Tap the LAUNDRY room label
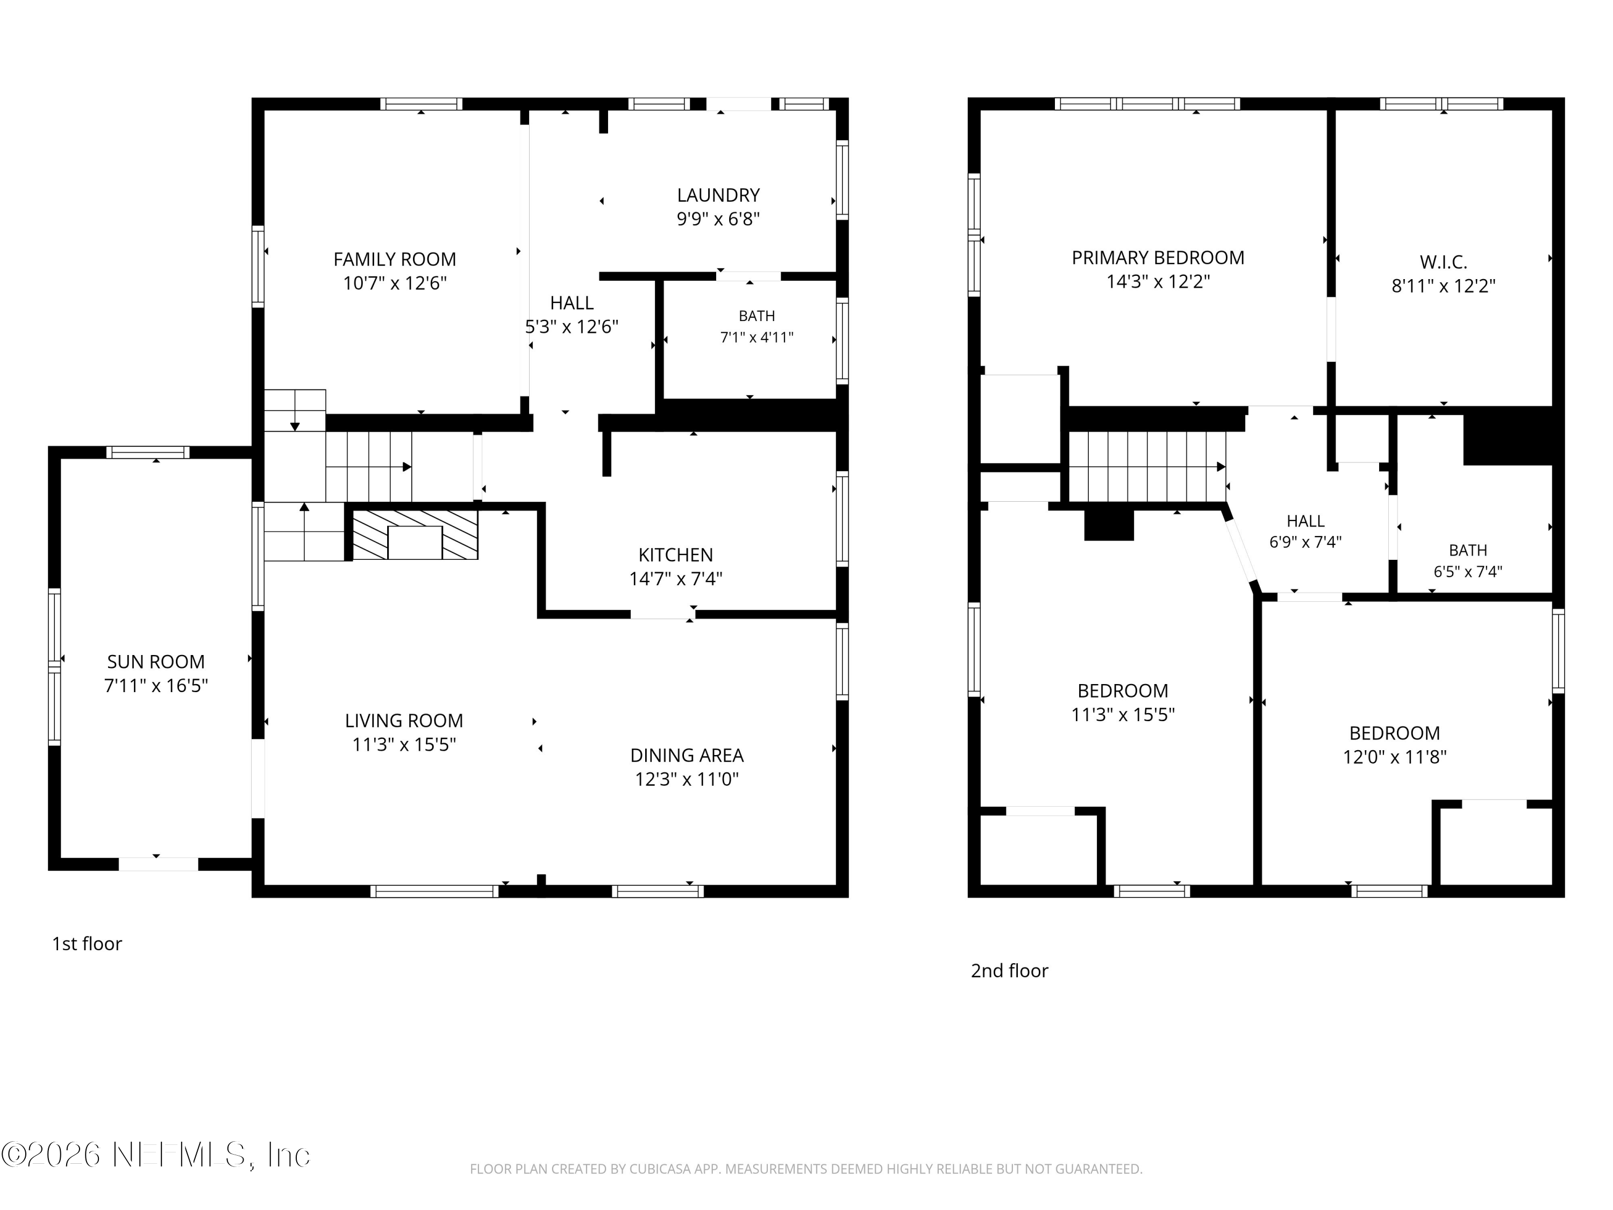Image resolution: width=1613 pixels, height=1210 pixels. [x=718, y=195]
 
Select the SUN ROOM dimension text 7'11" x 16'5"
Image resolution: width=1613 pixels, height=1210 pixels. [x=156, y=686]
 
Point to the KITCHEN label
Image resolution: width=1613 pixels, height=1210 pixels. [x=676, y=554]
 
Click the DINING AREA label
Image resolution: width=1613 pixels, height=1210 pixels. [x=687, y=755]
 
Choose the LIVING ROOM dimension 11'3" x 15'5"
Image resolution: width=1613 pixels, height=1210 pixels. [x=404, y=744]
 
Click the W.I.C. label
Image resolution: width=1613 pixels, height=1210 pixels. [x=1443, y=262]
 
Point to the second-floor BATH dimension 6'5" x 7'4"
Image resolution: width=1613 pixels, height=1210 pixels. [x=1468, y=572]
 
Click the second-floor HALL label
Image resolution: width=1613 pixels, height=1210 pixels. [x=1305, y=521]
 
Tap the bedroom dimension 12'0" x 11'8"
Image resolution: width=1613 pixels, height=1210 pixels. [x=1394, y=757]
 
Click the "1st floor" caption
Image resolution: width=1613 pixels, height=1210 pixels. [x=87, y=943]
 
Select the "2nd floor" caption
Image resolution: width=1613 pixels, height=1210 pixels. [x=1009, y=970]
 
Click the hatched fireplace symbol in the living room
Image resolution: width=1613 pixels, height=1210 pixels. [x=415, y=535]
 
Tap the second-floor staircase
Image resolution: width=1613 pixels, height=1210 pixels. [x=1147, y=467]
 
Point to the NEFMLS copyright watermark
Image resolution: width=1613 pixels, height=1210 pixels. [x=155, y=1155]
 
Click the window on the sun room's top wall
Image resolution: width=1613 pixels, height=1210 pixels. [x=148, y=452]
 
